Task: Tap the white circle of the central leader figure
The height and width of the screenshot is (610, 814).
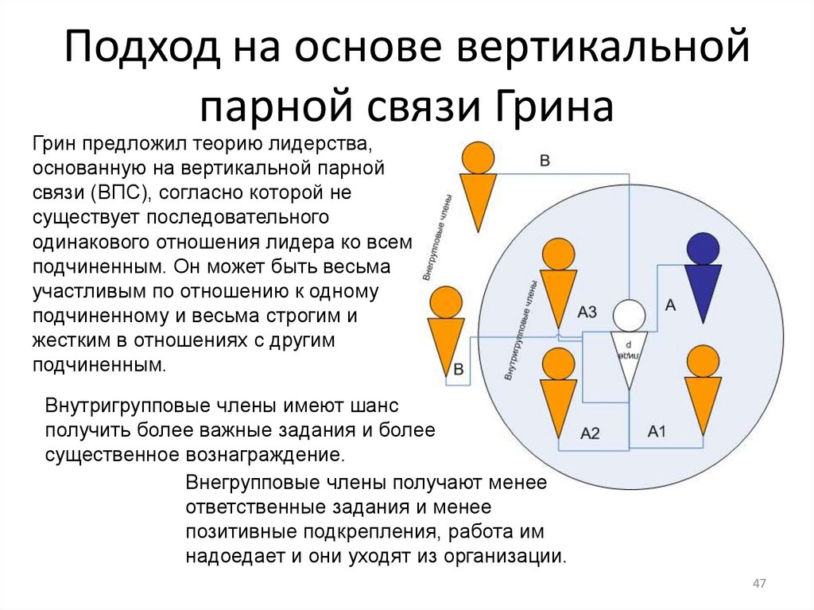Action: (x=630, y=316)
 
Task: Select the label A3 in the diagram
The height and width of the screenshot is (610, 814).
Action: (x=587, y=313)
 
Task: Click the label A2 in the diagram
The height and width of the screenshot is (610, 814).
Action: (x=590, y=433)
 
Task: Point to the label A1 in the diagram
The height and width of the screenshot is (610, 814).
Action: (x=657, y=431)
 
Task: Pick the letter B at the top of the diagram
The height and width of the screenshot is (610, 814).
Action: (x=545, y=161)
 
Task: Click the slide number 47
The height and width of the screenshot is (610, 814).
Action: (x=758, y=585)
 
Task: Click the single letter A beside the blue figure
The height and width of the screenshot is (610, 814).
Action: (x=669, y=304)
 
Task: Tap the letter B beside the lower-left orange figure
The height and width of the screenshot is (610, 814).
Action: (x=459, y=370)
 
